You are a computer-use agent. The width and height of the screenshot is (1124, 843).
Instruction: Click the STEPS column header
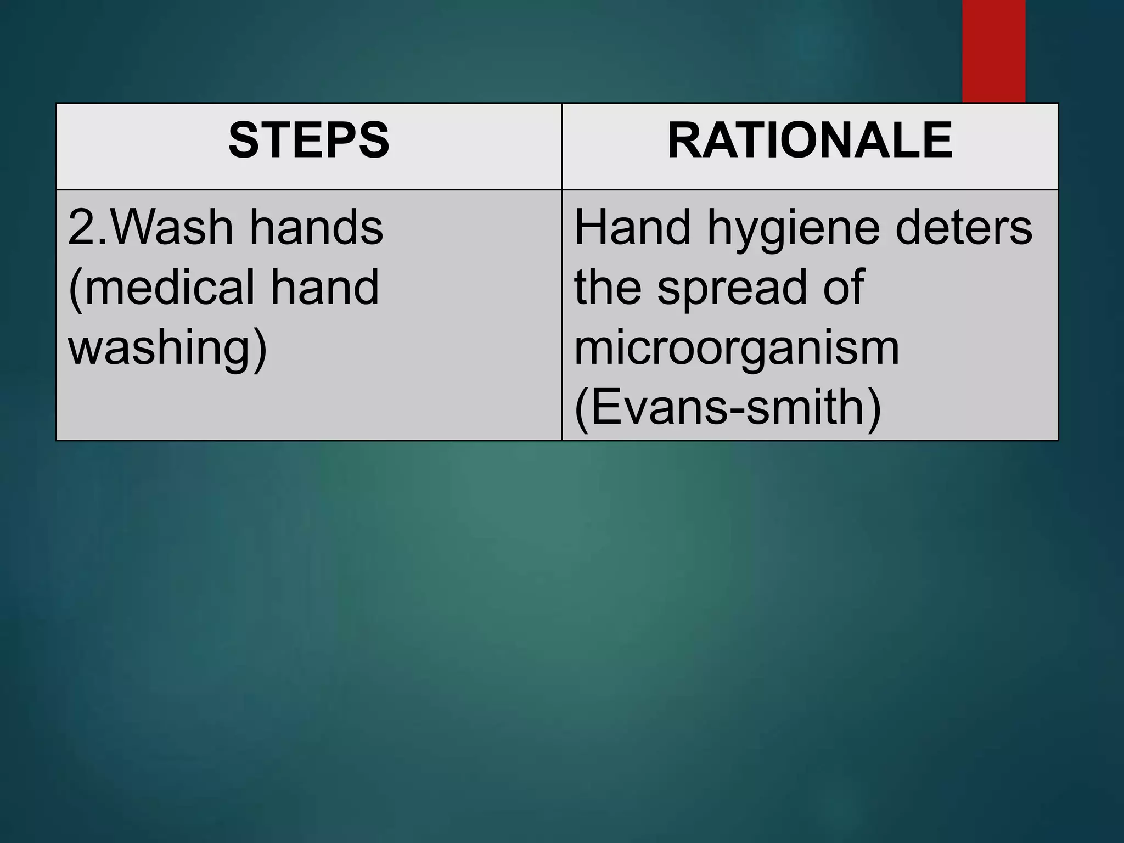(308, 140)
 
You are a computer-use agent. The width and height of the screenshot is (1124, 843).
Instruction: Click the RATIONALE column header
(810, 140)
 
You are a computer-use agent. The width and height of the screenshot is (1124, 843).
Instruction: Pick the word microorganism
(737, 347)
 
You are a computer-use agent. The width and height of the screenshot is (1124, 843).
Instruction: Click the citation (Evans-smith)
(728, 407)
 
